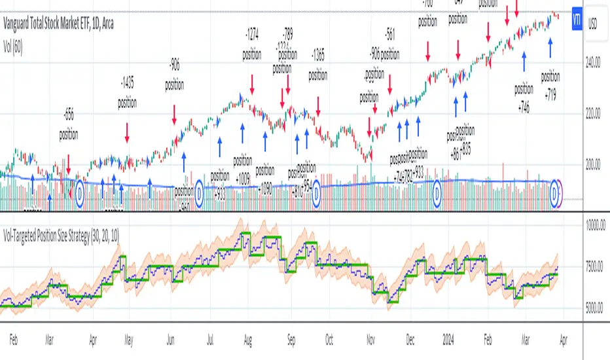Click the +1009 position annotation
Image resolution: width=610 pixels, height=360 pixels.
[242, 167]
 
